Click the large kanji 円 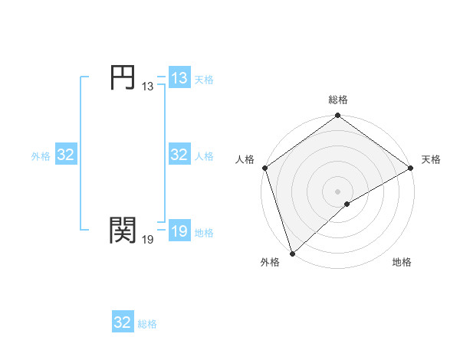pos(123,78)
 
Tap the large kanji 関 pos(123,228)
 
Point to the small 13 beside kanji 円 pos(148,87)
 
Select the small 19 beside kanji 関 pos(148,239)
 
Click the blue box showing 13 pos(179,78)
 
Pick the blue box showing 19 pos(179,231)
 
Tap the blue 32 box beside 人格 pos(179,155)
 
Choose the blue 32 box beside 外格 pos(66,155)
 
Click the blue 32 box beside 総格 pos(123,322)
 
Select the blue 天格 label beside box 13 pos(204,80)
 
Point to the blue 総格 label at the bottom pos(147,324)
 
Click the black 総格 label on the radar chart pos(338,100)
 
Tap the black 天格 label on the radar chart pos(431,159)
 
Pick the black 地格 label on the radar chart pos(402,263)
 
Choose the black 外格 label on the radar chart pos(270,263)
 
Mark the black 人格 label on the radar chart pos(245,159)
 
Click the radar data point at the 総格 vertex pos(338,116)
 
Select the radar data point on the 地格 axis pos(347,204)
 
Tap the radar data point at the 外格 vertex pos(292,253)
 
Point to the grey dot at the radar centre pos(338,191)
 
